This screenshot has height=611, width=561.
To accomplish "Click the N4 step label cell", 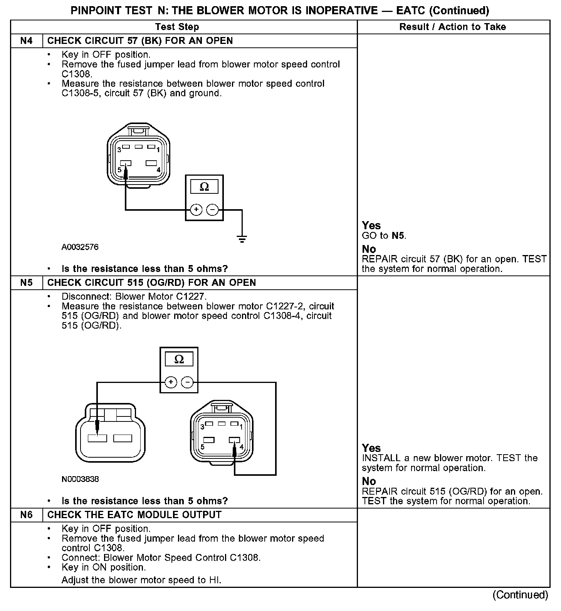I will [26, 41].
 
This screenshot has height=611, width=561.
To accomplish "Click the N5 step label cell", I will [26, 283].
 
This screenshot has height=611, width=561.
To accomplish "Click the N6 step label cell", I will [26, 515].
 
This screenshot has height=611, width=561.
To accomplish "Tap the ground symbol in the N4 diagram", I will [242, 238].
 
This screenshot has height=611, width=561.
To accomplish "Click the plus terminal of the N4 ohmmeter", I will [196, 210].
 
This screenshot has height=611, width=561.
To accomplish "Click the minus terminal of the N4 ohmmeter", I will [213, 210].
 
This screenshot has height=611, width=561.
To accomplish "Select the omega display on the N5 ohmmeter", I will [179, 359].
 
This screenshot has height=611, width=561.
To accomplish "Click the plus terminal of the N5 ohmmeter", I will [171, 383].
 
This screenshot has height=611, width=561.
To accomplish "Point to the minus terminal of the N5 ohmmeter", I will [188, 383].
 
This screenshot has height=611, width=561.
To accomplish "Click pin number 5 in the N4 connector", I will [120, 170].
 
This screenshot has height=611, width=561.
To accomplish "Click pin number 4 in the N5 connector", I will [242, 446].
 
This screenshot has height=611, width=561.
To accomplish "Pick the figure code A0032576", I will [80, 247].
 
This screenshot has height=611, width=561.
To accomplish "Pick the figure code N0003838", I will [80, 479].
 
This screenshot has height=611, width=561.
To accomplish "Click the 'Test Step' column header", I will [177, 27].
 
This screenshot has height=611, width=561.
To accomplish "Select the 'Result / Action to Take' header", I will [453, 27].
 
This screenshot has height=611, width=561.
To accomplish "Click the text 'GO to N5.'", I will [384, 236].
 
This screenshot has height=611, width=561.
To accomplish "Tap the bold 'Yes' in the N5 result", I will [371, 448].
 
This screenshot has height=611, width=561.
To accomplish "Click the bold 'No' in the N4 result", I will [369, 249].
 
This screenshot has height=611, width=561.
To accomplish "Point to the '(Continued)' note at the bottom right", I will [520, 595].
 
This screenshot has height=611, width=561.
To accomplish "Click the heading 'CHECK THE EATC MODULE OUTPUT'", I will [134, 515].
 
